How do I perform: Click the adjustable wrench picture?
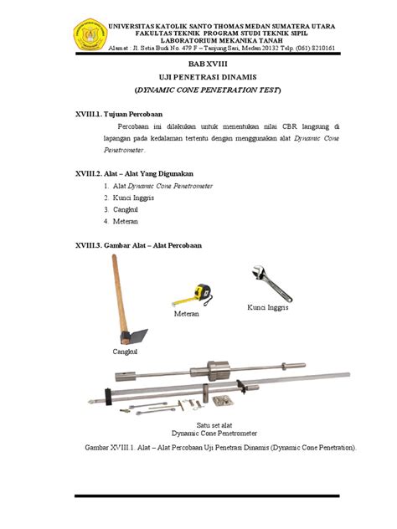click(271, 282)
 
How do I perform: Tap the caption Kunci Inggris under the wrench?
click(267, 309)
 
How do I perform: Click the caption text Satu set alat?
click(213, 425)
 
